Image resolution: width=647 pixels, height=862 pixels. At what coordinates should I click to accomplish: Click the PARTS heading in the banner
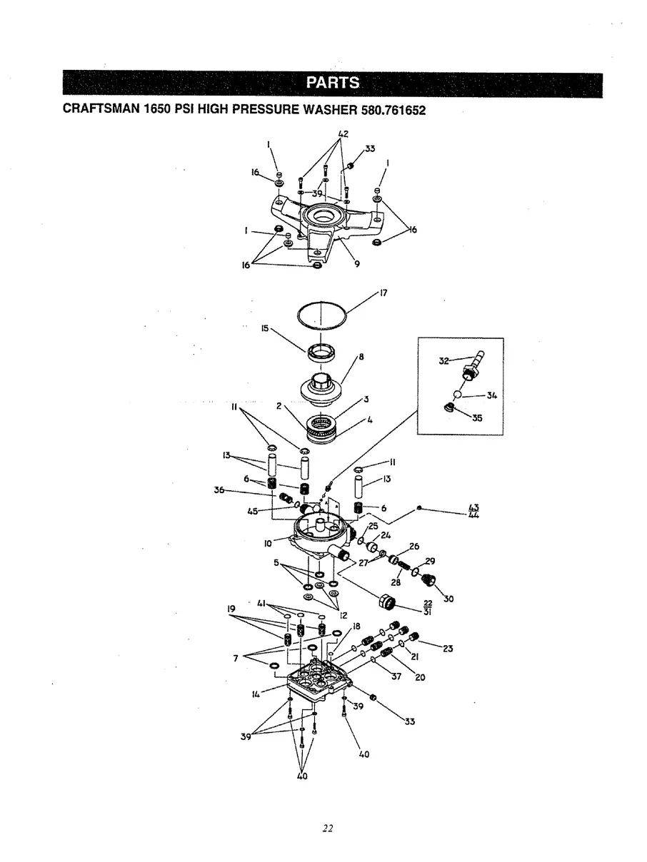(x=332, y=83)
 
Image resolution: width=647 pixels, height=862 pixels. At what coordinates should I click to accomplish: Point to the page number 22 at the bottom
(x=327, y=828)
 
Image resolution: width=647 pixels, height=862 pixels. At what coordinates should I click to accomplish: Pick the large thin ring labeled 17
(x=321, y=315)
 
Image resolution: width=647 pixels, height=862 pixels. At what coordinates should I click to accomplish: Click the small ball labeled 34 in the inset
(x=457, y=396)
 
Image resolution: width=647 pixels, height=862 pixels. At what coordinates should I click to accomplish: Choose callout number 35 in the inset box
(x=477, y=419)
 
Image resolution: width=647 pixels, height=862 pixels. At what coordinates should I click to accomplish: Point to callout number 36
(x=219, y=490)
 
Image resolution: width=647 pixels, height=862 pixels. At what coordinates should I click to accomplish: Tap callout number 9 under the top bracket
(x=356, y=265)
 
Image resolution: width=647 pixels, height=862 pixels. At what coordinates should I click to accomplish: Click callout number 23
(x=448, y=648)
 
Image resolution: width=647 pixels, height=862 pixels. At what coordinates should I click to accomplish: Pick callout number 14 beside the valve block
(x=255, y=692)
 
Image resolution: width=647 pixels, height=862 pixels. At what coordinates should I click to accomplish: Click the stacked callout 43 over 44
(x=473, y=512)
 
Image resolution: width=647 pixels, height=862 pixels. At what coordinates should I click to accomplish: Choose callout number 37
(x=397, y=677)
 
